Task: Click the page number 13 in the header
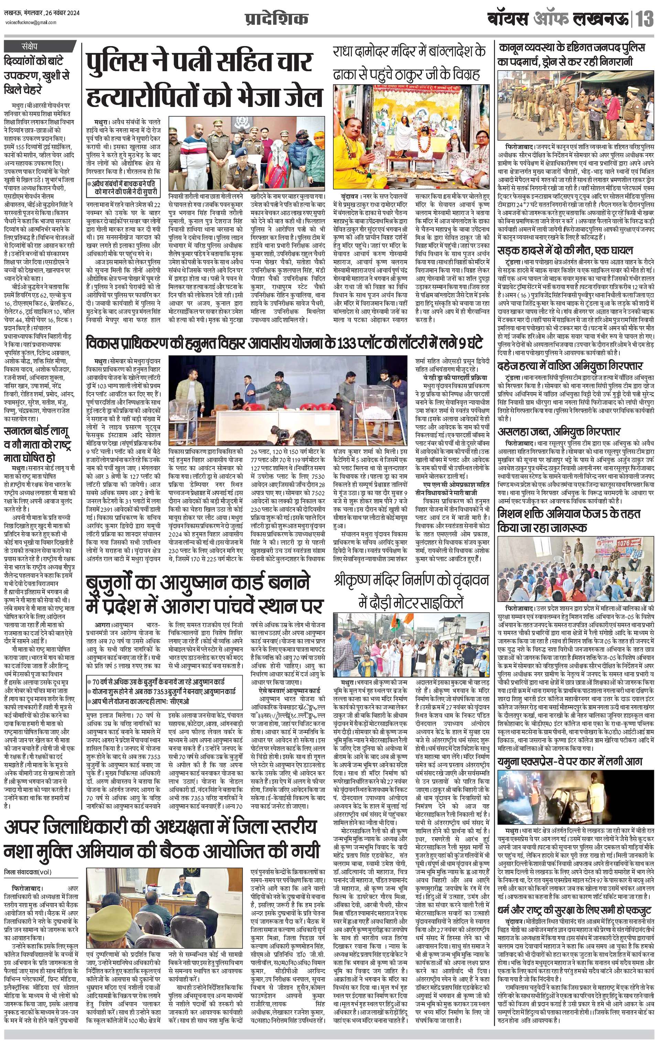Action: (645, 20)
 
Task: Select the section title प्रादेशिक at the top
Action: (277, 20)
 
